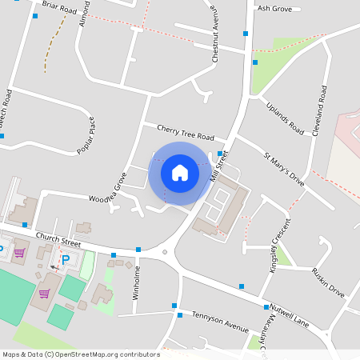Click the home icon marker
180,173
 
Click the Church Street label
59,240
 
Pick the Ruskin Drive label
328,282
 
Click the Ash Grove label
274,8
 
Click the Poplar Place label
86,135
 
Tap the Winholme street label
138,282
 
